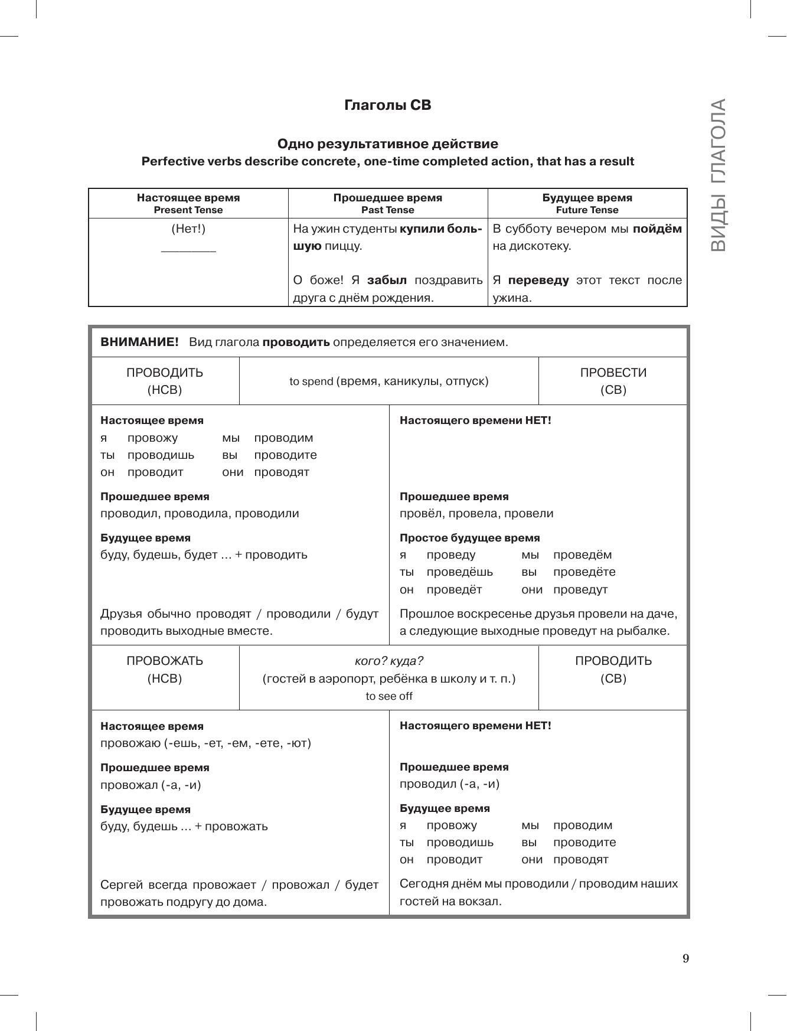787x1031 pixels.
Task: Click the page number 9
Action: [685, 958]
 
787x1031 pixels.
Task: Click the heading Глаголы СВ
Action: [388, 105]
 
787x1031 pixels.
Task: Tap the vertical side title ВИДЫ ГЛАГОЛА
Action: [718, 175]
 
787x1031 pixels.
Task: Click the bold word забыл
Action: [387, 280]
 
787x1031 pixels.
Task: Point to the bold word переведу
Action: [538, 280]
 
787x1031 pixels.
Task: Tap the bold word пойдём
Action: [657, 229]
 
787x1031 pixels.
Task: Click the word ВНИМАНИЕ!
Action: [139, 342]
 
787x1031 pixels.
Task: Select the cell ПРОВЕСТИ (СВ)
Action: [613, 381]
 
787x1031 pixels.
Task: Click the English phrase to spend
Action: [311, 381]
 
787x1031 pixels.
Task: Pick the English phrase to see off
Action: [389, 696]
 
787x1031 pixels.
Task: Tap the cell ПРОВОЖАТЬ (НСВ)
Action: [165, 670]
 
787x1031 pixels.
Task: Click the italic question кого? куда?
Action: [389, 661]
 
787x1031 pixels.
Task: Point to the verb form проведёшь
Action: [459, 572]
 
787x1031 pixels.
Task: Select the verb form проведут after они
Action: [580, 589]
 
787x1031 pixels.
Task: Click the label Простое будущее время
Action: [469, 538]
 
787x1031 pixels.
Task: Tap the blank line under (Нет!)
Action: [188, 251]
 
